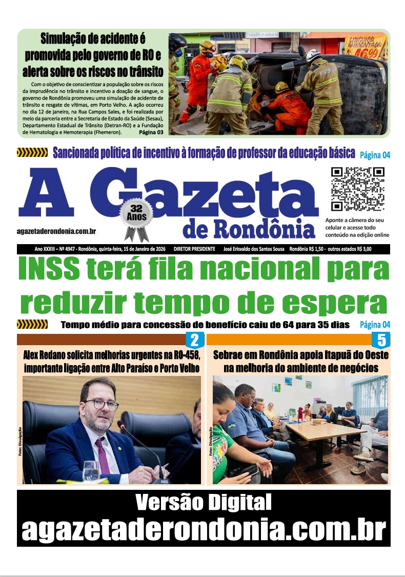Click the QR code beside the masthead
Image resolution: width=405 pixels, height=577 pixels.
(x=357, y=189)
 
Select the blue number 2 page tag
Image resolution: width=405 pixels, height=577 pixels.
(x=194, y=340)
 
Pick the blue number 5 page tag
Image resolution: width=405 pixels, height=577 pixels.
(x=381, y=340)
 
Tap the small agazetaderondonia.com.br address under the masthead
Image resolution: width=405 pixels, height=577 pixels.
(x=57, y=232)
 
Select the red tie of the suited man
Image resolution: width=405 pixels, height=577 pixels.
(x=102, y=454)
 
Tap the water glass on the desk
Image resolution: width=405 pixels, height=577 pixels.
(x=91, y=471)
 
